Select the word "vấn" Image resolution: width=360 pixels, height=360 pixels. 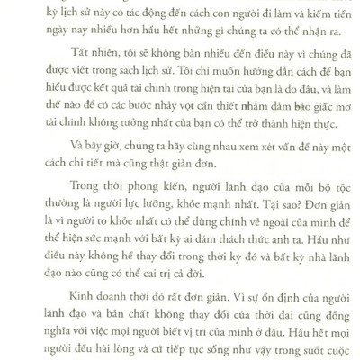[x=272, y=180]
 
